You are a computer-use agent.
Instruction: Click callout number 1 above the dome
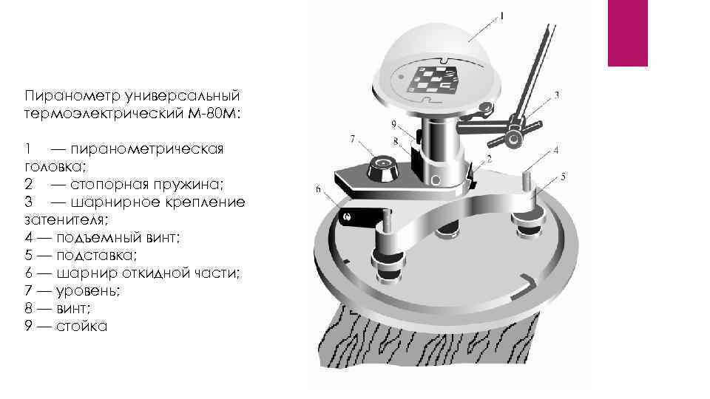pyautogui.click(x=501, y=17)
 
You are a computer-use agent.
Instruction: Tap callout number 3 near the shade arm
pyautogui.click(x=556, y=95)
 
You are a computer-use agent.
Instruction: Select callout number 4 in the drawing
pyautogui.click(x=556, y=150)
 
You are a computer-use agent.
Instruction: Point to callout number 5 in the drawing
pyautogui.click(x=563, y=177)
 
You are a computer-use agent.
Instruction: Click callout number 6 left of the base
pyautogui.click(x=318, y=188)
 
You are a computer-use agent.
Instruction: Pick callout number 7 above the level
pyautogui.click(x=353, y=139)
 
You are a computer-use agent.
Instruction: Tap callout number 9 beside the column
pyautogui.click(x=393, y=123)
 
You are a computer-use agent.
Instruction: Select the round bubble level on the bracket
pyautogui.click(x=382, y=168)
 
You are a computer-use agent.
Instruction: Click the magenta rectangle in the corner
pyautogui.click(x=628, y=33)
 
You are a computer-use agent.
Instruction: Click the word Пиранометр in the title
pyautogui.click(x=72, y=96)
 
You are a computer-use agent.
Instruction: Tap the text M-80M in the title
pyautogui.click(x=212, y=113)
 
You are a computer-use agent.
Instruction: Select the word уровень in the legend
pyautogui.click(x=88, y=291)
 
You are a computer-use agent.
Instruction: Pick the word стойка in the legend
pyautogui.click(x=81, y=326)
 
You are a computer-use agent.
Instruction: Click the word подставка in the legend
pyautogui.click(x=96, y=256)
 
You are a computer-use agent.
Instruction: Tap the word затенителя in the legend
pyautogui.click(x=66, y=220)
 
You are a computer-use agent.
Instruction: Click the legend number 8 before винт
pyautogui.click(x=29, y=309)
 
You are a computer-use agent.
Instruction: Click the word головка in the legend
pyautogui.click(x=54, y=167)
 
